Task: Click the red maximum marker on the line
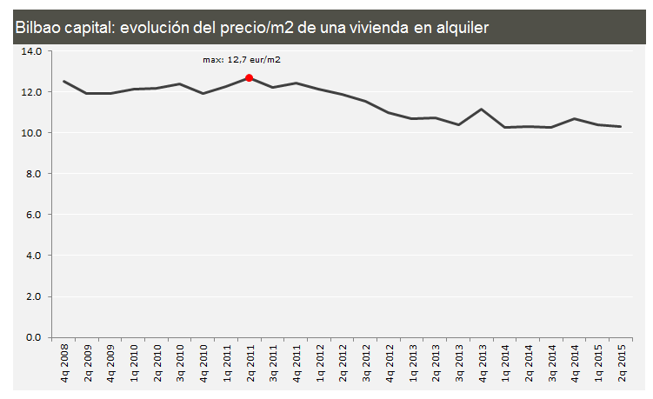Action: pyautogui.click(x=250, y=78)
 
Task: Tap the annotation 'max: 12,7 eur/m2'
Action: pyautogui.click(x=242, y=60)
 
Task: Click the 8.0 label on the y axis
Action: pyautogui.click(x=34, y=174)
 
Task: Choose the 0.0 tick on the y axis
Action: pyautogui.click(x=34, y=337)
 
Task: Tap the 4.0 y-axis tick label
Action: pyautogui.click(x=34, y=256)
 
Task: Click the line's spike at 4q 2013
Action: pyautogui.click(x=482, y=110)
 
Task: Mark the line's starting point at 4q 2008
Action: pyautogui.click(x=64, y=82)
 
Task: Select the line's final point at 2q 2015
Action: pyautogui.click(x=621, y=127)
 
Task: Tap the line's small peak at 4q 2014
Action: pyautogui.click(x=575, y=119)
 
